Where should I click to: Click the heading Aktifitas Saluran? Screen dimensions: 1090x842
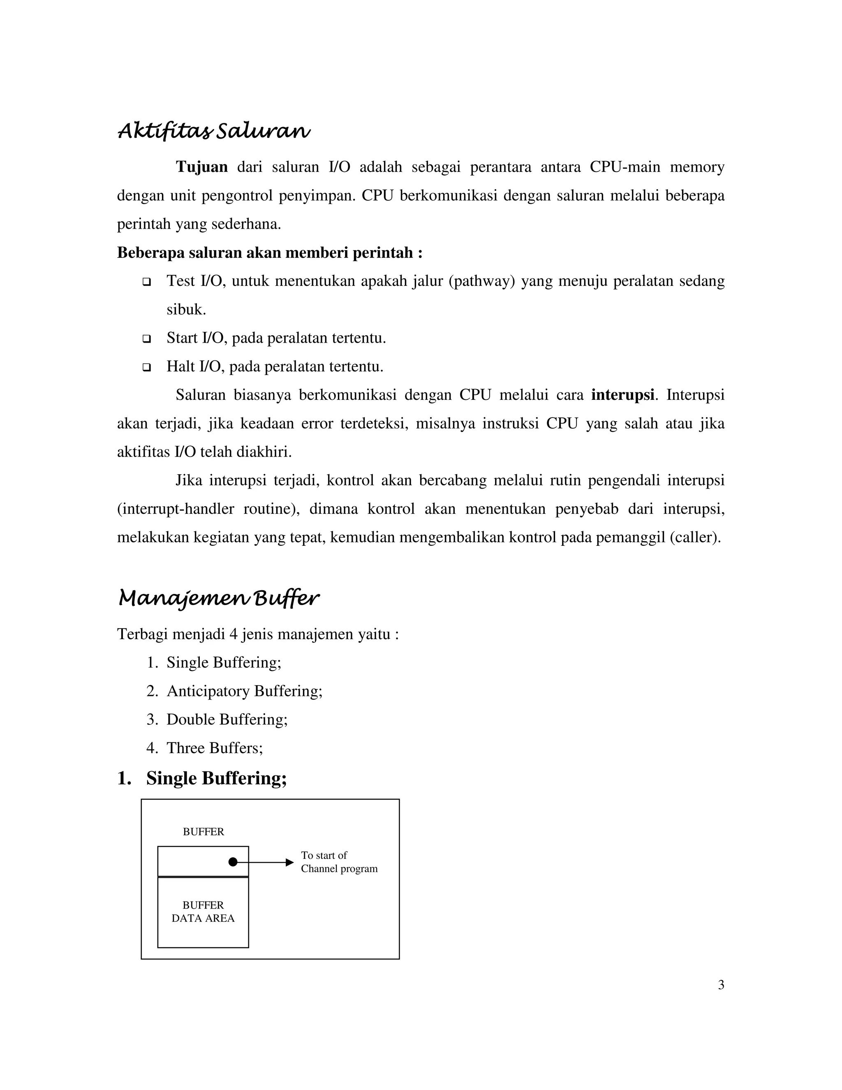coord(213,131)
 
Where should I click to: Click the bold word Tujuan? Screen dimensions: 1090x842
coord(201,167)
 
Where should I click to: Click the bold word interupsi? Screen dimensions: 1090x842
coord(622,395)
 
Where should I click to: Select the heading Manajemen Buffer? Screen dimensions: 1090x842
coord(218,598)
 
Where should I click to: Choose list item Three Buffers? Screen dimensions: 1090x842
coord(215,748)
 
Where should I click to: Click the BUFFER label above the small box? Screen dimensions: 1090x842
coord(204,831)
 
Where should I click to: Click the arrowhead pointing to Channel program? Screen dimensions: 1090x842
coord(290,862)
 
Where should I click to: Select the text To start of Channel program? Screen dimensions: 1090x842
coord(339,862)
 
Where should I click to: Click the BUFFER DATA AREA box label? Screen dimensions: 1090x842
coord(203,911)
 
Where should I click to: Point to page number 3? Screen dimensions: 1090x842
coord(721,985)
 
